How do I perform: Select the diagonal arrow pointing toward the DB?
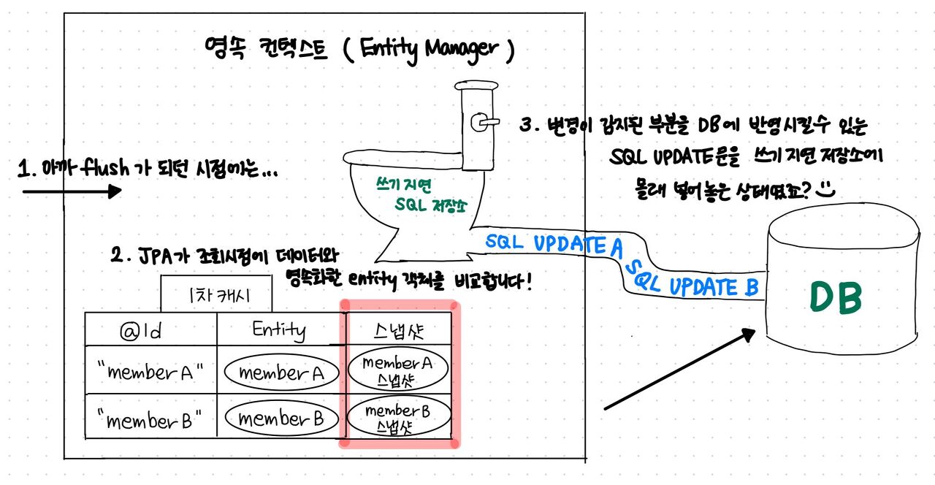(679, 369)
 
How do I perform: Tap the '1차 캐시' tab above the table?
(217, 297)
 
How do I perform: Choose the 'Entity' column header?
(280, 330)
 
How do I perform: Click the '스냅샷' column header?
(397, 330)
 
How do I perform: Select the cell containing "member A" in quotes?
(150, 373)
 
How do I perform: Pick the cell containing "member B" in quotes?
(150, 419)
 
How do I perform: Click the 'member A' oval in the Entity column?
(281, 373)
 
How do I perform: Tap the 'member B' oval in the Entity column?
(281, 419)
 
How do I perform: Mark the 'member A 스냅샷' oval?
(397, 370)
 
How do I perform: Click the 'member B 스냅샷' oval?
(397, 419)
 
